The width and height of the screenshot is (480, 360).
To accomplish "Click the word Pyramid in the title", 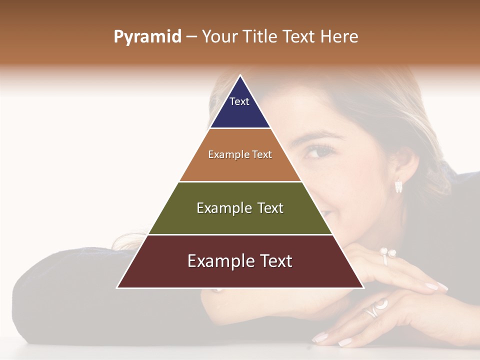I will [x=147, y=37].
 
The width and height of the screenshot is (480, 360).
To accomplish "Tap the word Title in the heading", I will [x=260, y=36].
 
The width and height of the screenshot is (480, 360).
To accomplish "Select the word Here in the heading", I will [x=339, y=36].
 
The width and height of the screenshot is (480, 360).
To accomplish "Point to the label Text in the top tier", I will [x=239, y=101].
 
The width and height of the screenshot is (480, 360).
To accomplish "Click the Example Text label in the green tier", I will [x=240, y=208].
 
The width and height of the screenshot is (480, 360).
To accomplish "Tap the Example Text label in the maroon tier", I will [x=240, y=261].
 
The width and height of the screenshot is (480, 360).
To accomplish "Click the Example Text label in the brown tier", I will [x=240, y=154].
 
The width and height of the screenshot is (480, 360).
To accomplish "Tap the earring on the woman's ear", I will [x=398, y=186].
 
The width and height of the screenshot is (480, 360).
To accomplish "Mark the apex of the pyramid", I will [x=240, y=75].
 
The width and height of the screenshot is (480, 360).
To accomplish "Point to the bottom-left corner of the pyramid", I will [x=117, y=287].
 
